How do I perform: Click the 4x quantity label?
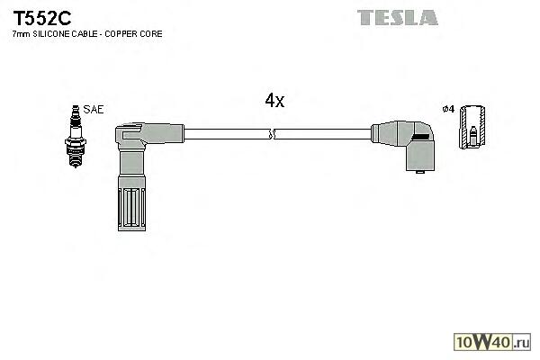274,102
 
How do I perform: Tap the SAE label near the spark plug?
94,109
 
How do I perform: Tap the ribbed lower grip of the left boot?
130,211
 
